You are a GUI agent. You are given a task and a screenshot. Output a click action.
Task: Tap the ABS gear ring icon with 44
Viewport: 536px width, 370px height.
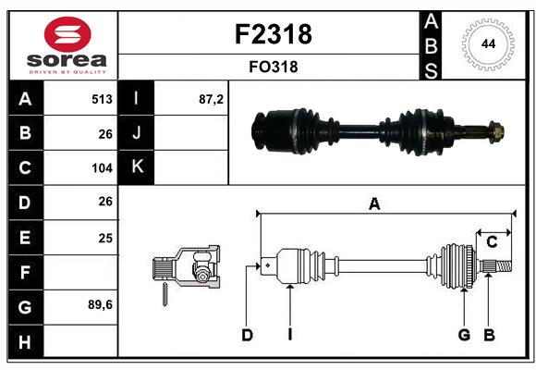tap(487, 43)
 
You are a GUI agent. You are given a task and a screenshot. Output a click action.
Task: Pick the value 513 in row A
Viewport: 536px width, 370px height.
tap(102, 99)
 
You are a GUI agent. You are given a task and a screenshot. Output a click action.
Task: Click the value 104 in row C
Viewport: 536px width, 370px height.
tap(102, 168)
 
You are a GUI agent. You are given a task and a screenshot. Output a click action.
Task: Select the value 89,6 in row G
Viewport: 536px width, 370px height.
tap(100, 304)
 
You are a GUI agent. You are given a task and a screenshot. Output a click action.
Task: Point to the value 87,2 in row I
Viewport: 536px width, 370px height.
tap(211, 99)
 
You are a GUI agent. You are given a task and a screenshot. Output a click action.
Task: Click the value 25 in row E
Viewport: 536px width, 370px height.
tap(105, 238)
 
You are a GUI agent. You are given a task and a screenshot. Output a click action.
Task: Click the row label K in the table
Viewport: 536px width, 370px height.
tap(138, 167)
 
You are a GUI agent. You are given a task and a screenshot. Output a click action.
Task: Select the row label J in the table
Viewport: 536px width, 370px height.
tap(138, 133)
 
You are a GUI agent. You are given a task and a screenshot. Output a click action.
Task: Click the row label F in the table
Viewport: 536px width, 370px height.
tap(24, 273)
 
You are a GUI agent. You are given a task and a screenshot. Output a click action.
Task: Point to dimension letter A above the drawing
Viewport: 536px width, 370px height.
tap(374, 205)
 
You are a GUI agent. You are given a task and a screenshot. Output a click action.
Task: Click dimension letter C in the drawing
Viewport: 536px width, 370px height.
tap(492, 241)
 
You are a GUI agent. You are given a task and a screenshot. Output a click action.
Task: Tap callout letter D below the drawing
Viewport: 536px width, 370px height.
tap(247, 335)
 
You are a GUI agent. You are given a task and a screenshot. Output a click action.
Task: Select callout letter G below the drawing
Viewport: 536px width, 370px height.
tap(464, 335)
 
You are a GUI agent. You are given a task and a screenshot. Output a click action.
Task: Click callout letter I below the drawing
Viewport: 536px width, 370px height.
tap(289, 335)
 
